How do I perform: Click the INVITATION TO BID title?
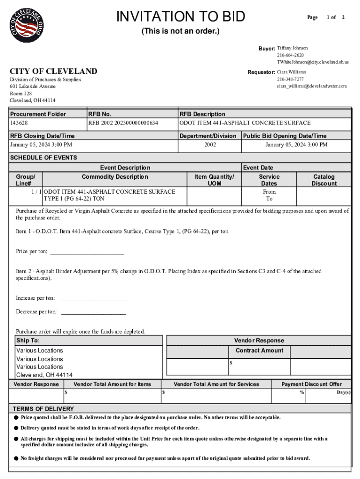coord(180,17)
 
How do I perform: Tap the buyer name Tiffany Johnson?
coord(292,48)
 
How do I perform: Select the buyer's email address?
coord(312,62)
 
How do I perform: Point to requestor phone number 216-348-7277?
coord(290,79)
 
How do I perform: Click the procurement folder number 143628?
coord(19,123)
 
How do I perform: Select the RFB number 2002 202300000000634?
coord(123,123)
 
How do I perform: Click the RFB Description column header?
coord(202,114)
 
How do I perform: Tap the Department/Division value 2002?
coord(210,145)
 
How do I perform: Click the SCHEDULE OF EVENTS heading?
coord(43,158)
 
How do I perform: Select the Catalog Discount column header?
coord(324,180)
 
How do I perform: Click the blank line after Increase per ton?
coord(93,299)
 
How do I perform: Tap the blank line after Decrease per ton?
coord(94,313)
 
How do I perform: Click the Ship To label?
coord(28,341)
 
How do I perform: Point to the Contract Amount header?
coord(259,350)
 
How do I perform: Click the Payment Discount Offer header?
coord(311,384)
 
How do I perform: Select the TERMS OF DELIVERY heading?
coord(43,408)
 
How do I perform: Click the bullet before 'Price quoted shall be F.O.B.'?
coord(16,417)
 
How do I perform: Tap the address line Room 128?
coord(22,94)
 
